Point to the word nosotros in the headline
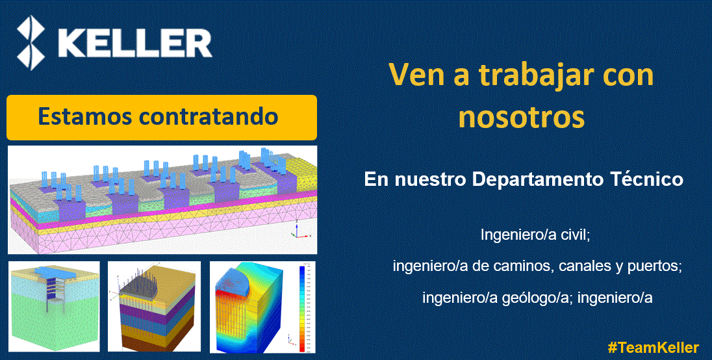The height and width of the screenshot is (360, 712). [522, 118]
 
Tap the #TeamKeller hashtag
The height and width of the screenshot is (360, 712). [654, 347]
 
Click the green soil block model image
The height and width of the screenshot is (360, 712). [53, 307]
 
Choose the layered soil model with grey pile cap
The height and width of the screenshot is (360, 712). [155, 307]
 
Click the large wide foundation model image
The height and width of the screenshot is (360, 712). [162, 199]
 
